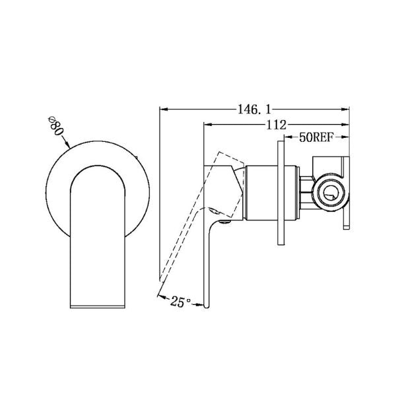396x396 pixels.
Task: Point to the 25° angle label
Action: coord(180,302)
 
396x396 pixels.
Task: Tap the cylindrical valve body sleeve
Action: coord(262,192)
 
